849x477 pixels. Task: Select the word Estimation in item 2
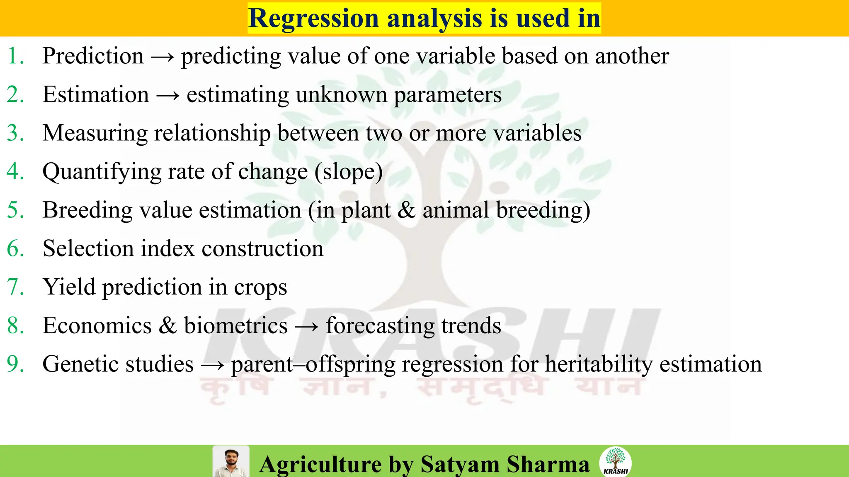click(96, 94)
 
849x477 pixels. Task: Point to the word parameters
click(447, 95)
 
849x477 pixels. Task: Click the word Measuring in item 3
click(95, 133)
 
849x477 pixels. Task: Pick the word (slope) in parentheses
click(348, 172)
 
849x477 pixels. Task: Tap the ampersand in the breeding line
click(406, 210)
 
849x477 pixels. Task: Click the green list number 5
click(15, 210)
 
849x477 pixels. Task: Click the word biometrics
click(235, 325)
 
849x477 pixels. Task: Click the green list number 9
click(15, 364)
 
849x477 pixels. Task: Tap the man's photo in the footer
click(231, 462)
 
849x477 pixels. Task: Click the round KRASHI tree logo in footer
click(615, 461)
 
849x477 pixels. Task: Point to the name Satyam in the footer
click(460, 464)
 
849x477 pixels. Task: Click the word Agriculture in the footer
click(320, 464)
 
